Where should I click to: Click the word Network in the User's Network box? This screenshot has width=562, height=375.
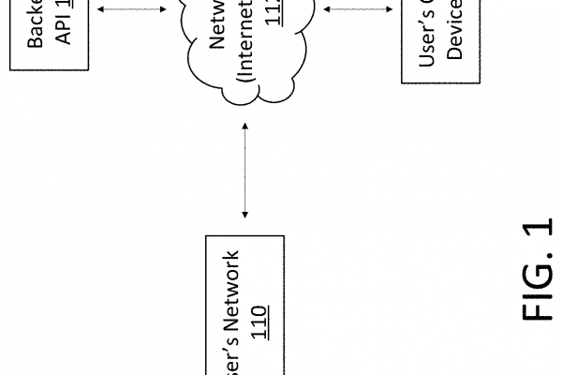coord(243,292)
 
